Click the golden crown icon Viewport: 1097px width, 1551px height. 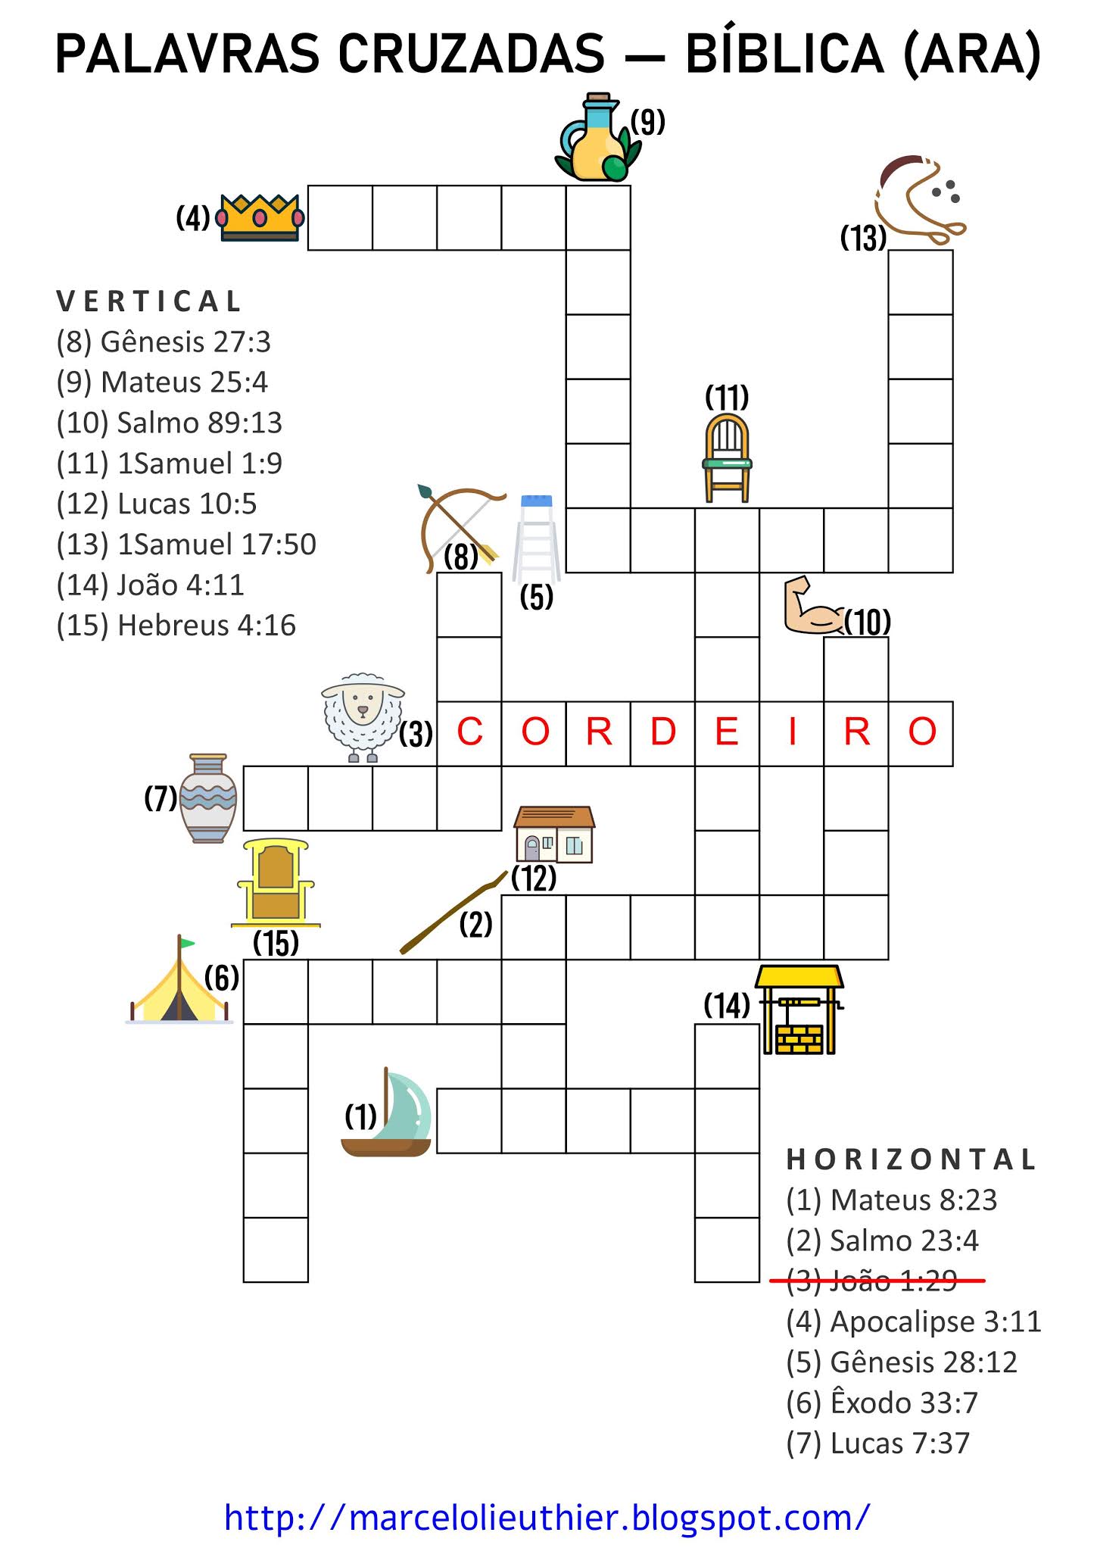[x=260, y=217]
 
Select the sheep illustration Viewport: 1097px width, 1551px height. [x=363, y=716]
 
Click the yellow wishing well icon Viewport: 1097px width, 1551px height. [x=800, y=1010]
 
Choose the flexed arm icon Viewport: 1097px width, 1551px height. [x=812, y=606]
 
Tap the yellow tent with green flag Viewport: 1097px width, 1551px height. [x=179, y=982]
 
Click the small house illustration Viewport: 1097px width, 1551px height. [x=554, y=835]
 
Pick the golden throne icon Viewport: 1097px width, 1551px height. [x=275, y=883]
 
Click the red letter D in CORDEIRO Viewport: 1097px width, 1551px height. [x=662, y=732]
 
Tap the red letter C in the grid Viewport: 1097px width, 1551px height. [x=469, y=732]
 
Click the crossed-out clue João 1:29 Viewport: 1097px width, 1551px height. [x=872, y=1280]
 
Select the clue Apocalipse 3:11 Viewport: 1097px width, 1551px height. [x=913, y=1322]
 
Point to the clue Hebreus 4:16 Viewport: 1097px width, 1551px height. [x=176, y=626]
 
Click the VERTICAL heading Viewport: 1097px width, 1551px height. [x=148, y=301]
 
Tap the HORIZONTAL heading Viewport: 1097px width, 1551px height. [x=911, y=1159]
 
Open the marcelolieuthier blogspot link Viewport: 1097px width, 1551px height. [x=547, y=1518]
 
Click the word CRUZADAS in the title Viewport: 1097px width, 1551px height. [x=471, y=55]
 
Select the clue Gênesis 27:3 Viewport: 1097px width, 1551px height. [x=164, y=342]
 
